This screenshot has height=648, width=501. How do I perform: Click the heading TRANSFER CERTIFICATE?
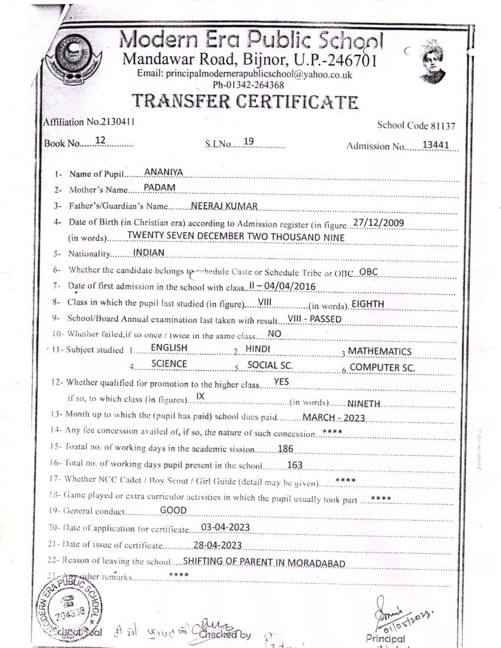coord(245,101)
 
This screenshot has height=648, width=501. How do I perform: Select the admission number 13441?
coord(436,145)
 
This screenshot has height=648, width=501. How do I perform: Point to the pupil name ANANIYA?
coord(164,172)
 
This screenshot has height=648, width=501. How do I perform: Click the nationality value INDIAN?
coord(149,252)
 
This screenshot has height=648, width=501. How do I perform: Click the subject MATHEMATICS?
coord(380,352)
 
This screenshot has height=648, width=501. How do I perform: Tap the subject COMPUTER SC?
coord(383,368)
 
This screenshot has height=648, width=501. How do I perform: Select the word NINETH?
coord(365,404)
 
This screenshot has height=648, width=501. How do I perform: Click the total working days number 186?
coord(285,449)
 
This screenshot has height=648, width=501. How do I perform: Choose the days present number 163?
coord(294,465)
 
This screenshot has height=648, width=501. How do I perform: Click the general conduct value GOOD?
coord(173,510)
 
